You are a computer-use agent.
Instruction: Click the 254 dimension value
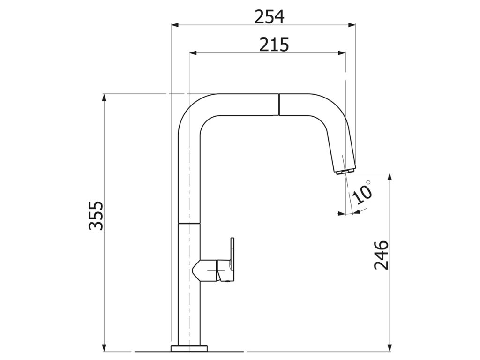click(x=270, y=17)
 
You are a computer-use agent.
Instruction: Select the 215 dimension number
click(x=274, y=45)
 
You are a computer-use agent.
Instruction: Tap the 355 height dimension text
click(x=96, y=215)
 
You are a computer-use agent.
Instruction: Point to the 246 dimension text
click(x=382, y=255)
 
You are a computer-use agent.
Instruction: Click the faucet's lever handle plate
click(x=232, y=259)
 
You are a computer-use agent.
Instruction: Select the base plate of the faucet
click(x=189, y=348)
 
